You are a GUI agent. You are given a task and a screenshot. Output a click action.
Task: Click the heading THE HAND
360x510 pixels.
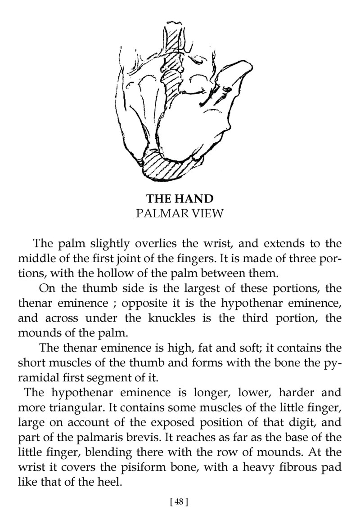[179, 198]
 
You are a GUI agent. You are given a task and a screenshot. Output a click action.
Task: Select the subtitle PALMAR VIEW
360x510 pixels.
[179, 213]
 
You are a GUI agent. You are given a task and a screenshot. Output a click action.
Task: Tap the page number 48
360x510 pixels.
[179, 501]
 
